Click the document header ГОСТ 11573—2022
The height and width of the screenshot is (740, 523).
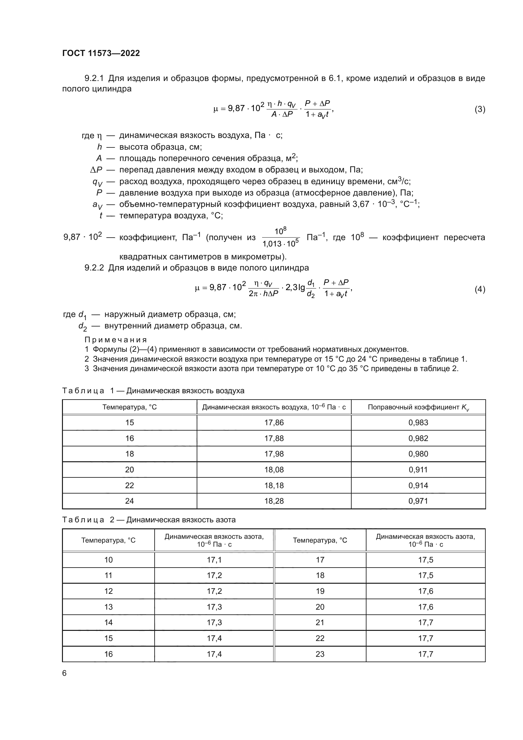(101, 53)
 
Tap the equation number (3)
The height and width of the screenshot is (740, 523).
(480, 109)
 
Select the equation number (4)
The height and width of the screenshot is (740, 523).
(480, 289)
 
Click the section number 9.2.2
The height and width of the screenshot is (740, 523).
(94, 268)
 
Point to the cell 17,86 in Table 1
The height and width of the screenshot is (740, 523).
(274, 423)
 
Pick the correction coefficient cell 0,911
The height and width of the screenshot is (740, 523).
(418, 469)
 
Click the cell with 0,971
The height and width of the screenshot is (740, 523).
(418, 501)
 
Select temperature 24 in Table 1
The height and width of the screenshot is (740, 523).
(129, 501)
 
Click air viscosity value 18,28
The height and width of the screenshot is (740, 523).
(274, 501)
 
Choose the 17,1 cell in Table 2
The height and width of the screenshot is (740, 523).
(214, 560)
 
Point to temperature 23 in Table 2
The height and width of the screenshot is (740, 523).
(320, 654)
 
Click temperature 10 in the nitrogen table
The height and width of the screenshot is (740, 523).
(108, 560)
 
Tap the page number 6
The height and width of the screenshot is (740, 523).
(65, 673)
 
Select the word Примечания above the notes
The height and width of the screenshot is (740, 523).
(116, 340)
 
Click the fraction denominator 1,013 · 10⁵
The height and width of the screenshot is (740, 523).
(280, 244)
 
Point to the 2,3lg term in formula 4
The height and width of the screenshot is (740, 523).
(295, 287)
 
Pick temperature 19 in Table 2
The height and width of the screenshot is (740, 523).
(320, 591)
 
